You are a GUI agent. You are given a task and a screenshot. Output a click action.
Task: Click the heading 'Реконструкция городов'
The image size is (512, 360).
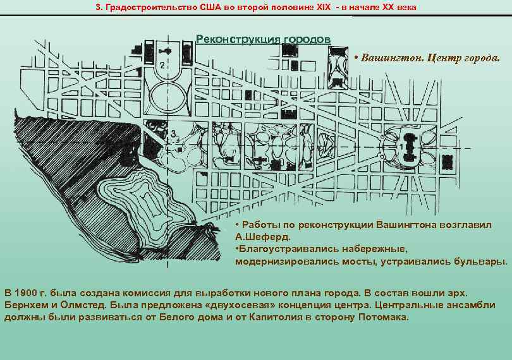(263, 39)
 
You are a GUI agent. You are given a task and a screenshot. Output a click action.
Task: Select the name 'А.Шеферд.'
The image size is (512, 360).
(262, 237)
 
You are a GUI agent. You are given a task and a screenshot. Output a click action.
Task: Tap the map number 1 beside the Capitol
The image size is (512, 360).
(401, 147)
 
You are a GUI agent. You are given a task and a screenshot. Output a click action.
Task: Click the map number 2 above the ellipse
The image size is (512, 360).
(162, 65)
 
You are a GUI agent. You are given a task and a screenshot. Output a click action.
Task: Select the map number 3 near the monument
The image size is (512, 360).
(173, 133)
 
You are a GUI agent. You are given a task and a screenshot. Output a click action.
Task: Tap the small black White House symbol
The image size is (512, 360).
(166, 51)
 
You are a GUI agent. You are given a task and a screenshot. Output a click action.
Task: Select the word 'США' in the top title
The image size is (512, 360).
(210, 7)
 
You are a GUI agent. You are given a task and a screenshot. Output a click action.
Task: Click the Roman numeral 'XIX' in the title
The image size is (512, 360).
(323, 7)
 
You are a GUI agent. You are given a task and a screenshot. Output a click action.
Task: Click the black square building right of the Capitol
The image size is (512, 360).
(447, 162)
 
